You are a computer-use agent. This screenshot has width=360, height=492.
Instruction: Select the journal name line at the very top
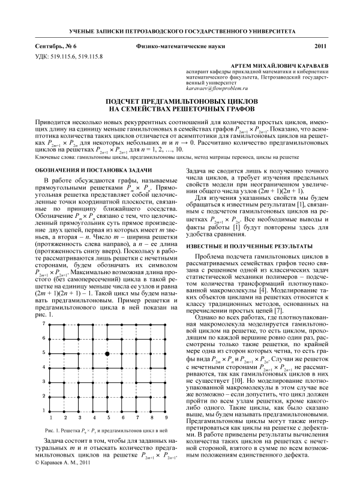point(179,30)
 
